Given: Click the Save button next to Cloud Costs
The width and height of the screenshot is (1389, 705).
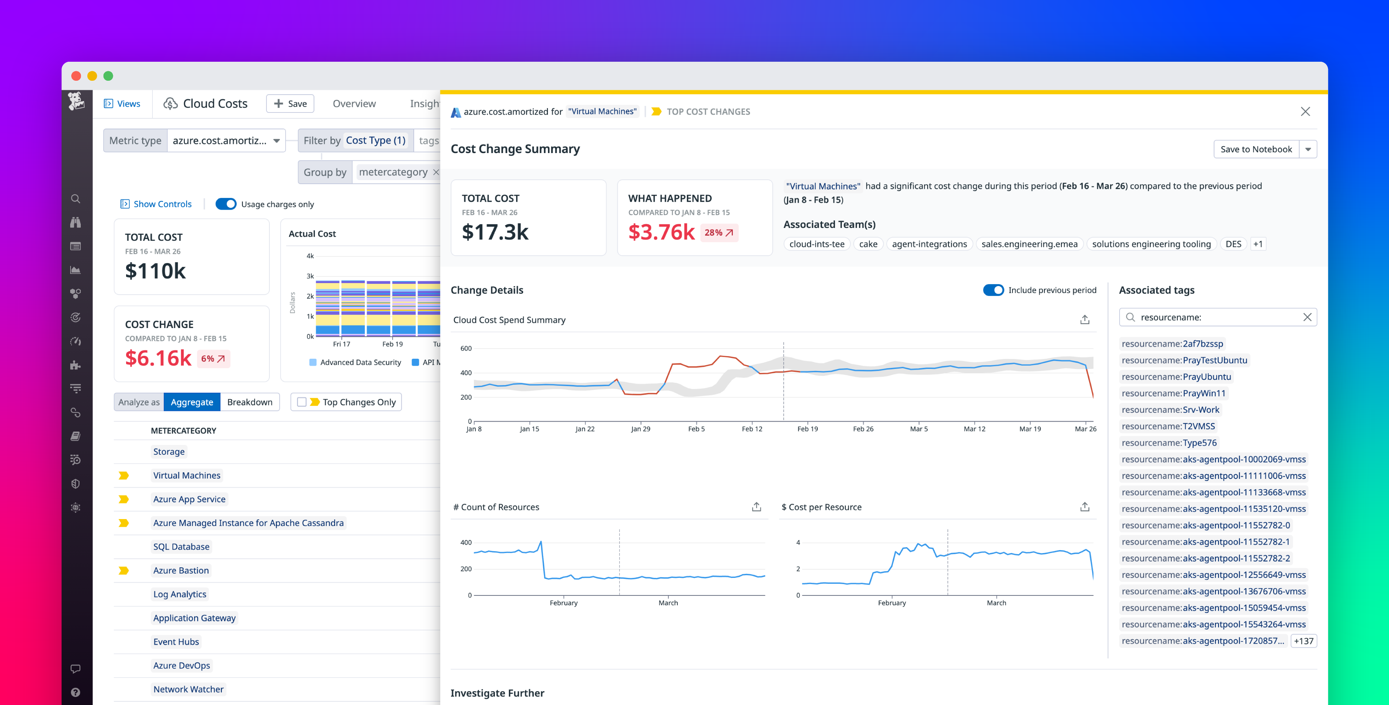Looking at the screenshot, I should point(290,103).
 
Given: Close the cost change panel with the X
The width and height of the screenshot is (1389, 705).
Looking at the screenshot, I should point(1305,111).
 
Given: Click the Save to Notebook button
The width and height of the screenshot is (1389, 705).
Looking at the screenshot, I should point(1256,149).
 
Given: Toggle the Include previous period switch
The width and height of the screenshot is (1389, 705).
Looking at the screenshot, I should point(993,290).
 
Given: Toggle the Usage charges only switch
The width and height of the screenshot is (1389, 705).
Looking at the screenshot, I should point(226,204).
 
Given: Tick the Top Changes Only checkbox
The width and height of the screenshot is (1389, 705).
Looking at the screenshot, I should point(302,402).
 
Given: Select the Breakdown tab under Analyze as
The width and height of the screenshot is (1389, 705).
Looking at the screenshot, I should point(250,402).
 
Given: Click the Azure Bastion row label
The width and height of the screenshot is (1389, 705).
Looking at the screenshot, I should point(181,570).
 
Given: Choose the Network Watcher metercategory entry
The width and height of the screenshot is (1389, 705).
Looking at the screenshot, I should point(188,689).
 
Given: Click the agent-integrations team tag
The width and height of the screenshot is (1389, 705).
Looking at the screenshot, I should point(929,244).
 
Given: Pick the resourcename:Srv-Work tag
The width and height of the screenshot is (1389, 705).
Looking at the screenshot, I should point(1170,409).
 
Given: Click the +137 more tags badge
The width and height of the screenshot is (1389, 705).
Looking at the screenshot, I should point(1303,641).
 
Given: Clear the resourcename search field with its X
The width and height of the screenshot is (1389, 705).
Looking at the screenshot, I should point(1307,317).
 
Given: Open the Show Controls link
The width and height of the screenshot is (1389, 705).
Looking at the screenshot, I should point(162,204).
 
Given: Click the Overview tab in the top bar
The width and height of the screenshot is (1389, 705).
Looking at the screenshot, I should point(354,103).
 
